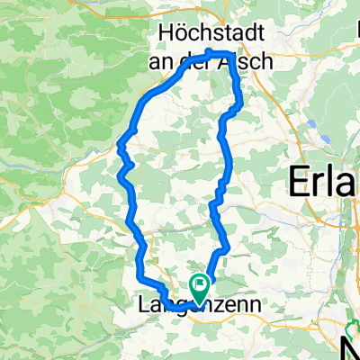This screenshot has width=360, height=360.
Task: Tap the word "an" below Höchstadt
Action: tap(158, 57)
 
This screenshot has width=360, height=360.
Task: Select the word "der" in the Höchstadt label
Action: tap(191, 57)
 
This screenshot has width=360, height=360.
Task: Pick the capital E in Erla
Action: tap(299, 184)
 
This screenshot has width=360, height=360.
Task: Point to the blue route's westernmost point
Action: tap(120, 142)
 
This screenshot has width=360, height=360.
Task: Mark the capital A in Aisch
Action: tap(214, 57)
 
